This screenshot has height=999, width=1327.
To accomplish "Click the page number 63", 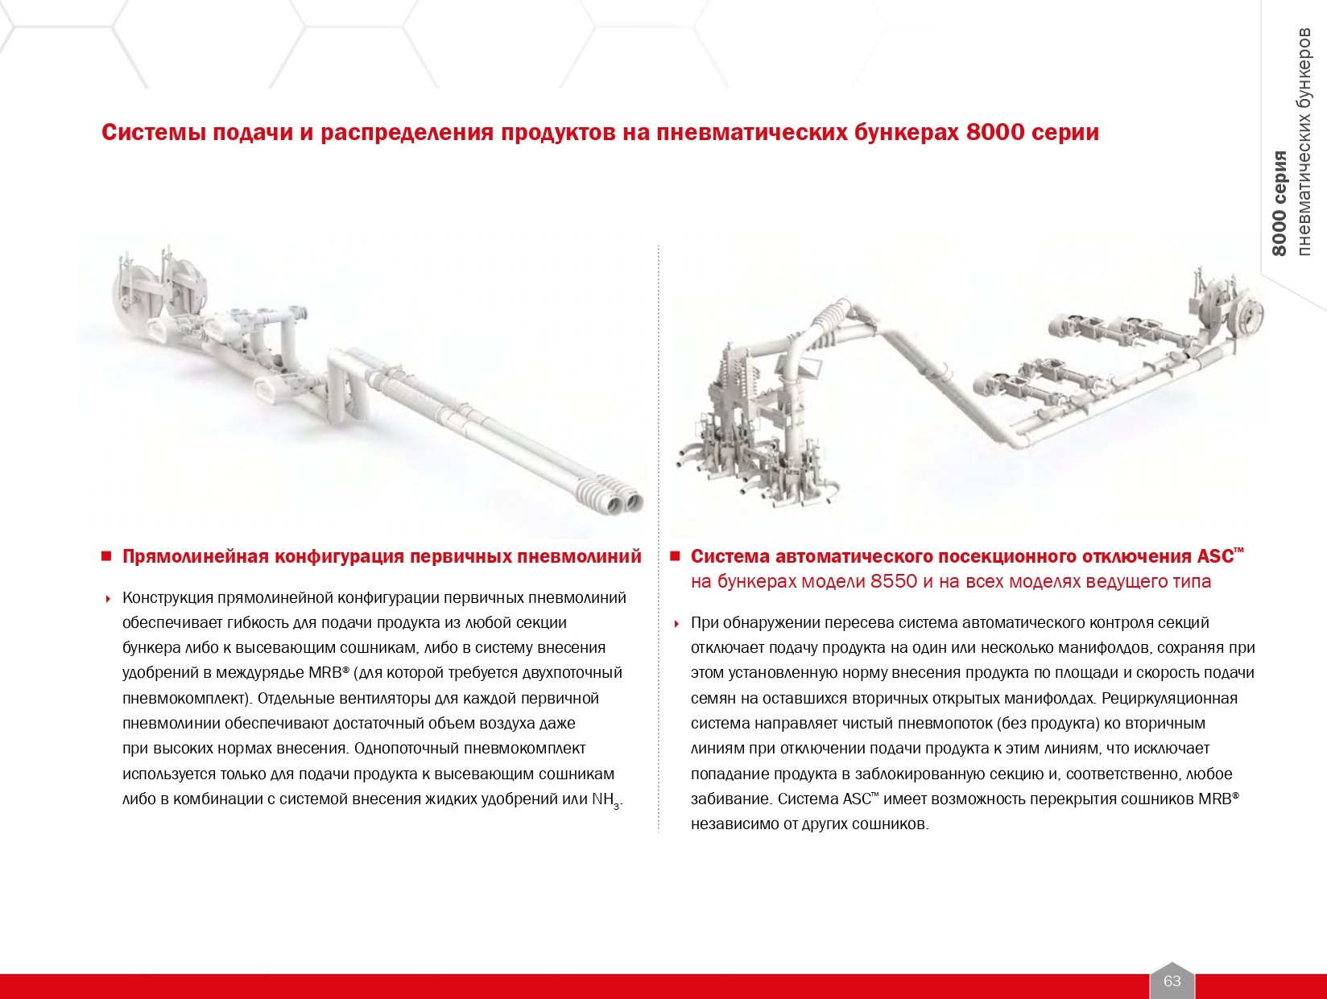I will click(x=1172, y=980).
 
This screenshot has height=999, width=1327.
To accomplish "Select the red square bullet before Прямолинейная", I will click(x=105, y=556).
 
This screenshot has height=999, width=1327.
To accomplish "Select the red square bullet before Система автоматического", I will click(x=675, y=556).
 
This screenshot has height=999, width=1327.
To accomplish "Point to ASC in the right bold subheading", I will click(x=1214, y=556).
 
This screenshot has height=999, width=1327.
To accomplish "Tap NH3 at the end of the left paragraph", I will click(x=606, y=800).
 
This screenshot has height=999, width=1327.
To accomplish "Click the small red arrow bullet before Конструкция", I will click(x=108, y=599).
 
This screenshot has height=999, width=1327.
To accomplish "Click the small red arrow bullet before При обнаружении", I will click(x=676, y=624).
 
